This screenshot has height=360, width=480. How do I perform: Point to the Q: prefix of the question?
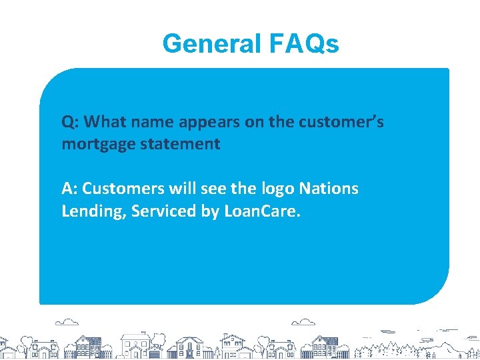click(71, 123)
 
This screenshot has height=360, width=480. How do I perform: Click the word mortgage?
click(94, 145)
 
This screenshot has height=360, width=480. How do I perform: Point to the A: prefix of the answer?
click(70, 189)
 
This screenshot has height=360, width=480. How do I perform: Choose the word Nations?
click(329, 189)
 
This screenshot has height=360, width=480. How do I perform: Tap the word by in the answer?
click(209, 212)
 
